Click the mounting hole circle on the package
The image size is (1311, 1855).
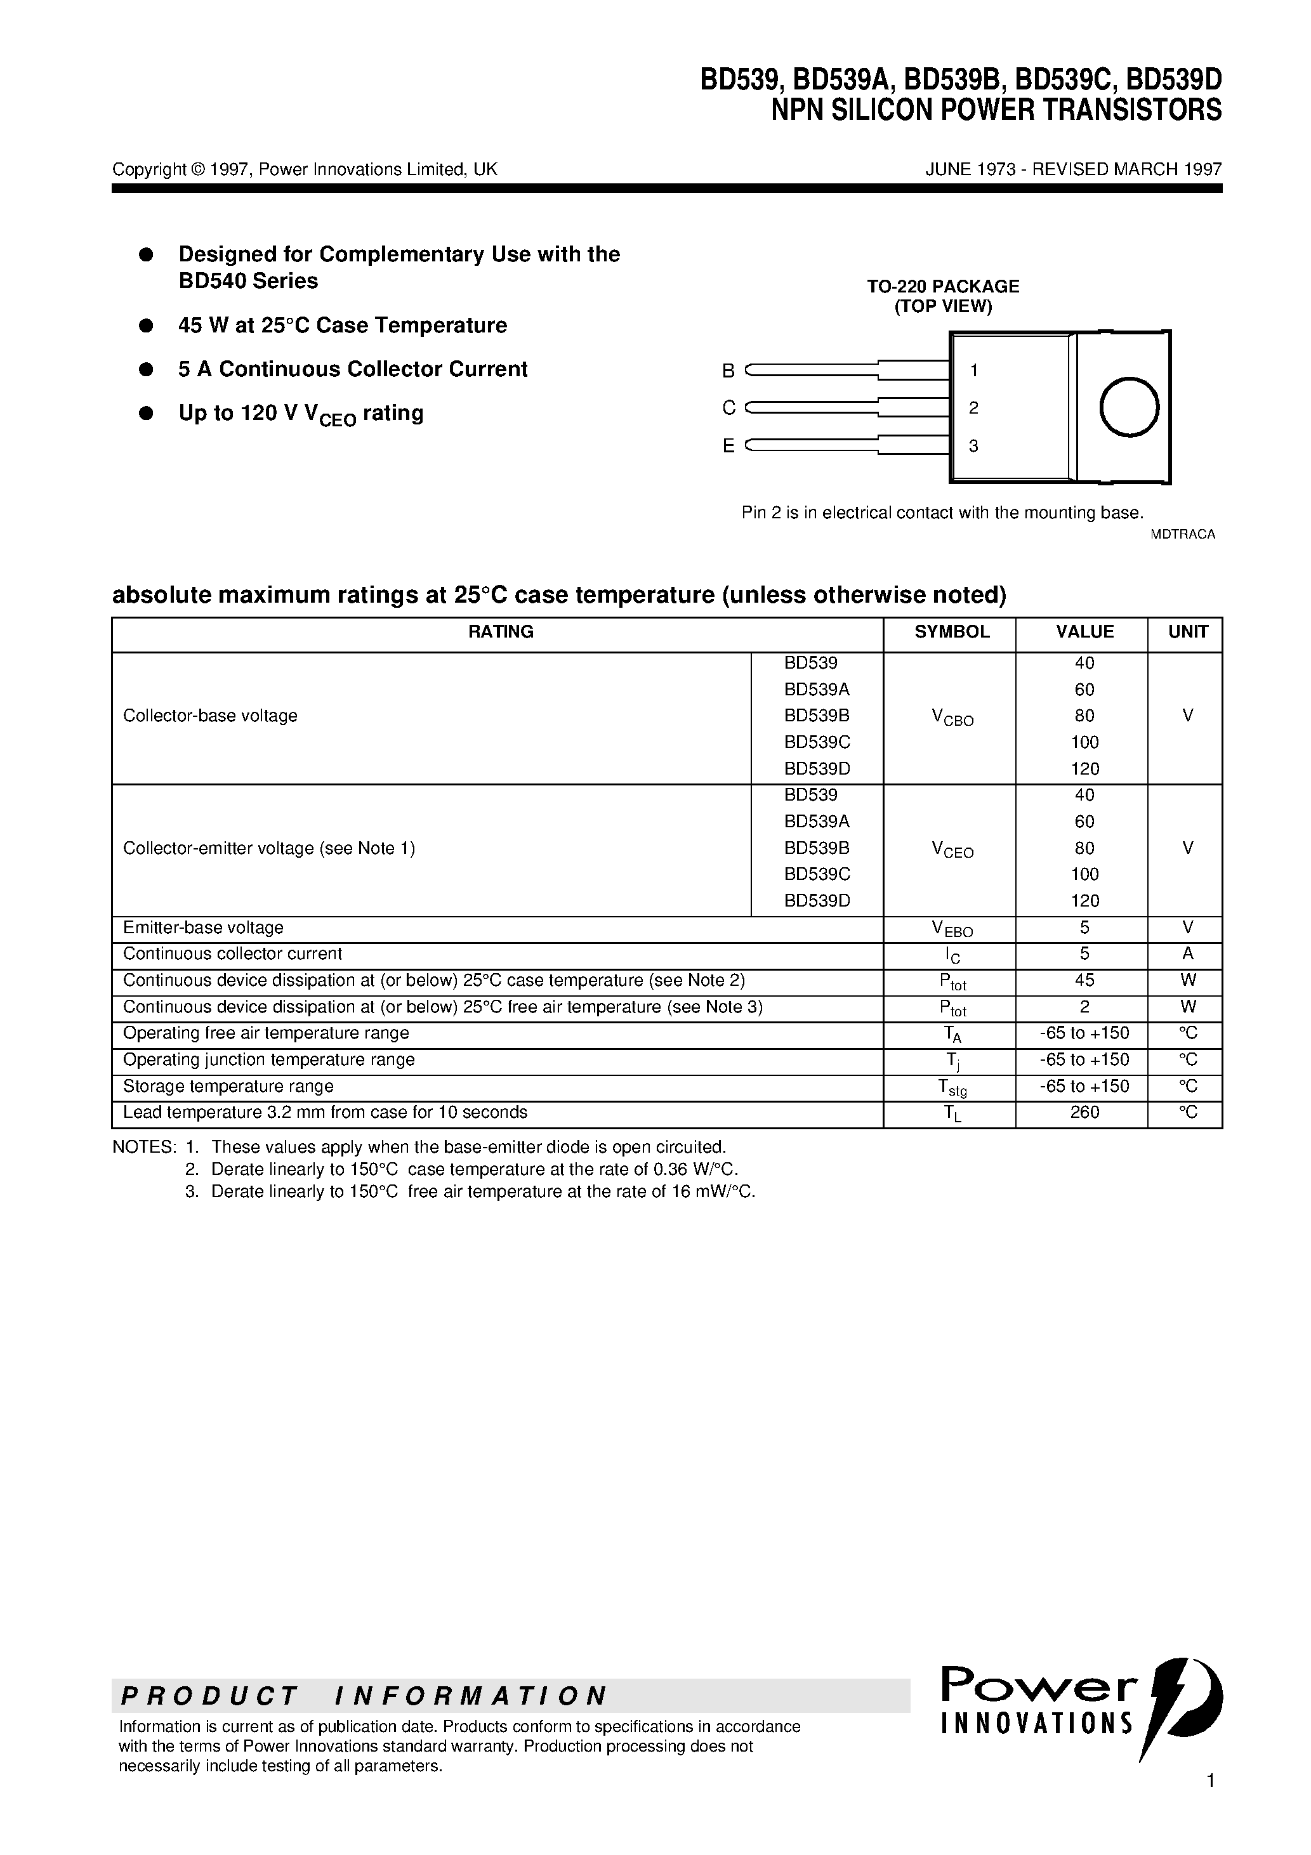tap(1129, 407)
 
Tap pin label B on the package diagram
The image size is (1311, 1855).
tap(728, 371)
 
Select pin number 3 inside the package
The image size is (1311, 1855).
tap(973, 446)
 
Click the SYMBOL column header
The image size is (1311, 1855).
tap(951, 632)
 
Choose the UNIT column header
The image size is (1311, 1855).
tap(1187, 632)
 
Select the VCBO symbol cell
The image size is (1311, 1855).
tap(952, 717)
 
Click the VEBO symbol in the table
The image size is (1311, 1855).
tap(952, 929)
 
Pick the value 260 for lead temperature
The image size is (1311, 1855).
tap(1084, 1113)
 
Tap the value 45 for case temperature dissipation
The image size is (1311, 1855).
tap(1084, 980)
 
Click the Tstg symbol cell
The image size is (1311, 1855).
tap(952, 1087)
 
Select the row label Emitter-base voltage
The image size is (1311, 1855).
tap(203, 927)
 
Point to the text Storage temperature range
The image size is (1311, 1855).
tap(228, 1087)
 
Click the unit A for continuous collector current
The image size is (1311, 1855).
tap(1187, 954)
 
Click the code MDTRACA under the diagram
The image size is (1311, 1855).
tap(1182, 534)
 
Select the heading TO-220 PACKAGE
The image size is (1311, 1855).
tap(942, 286)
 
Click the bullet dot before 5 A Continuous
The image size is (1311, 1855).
tap(147, 369)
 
